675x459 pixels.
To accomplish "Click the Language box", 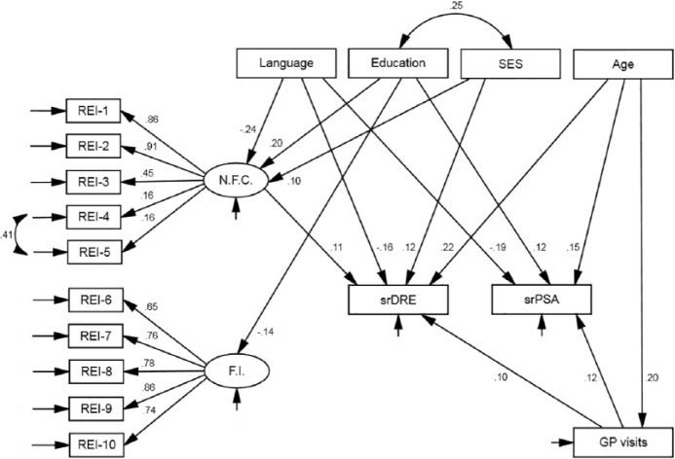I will [287, 63].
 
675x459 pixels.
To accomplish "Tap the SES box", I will [510, 63].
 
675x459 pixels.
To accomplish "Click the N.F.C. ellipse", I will [236, 180].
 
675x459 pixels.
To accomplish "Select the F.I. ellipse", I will [236, 371].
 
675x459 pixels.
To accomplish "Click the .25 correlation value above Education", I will [455, 8].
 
